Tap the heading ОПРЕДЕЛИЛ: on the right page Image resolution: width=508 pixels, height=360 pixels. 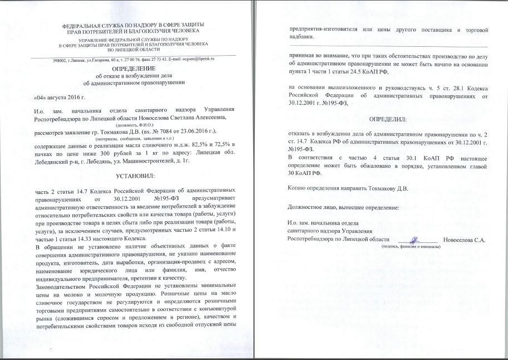coord(388,120)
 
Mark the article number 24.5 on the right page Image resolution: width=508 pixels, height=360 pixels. coord(360,72)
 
